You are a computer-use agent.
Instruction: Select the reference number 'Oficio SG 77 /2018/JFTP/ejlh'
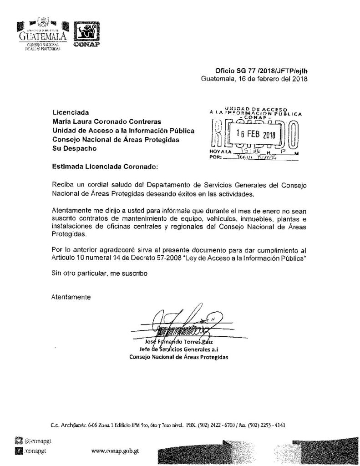(264, 71)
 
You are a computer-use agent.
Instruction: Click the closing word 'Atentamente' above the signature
(71, 297)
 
